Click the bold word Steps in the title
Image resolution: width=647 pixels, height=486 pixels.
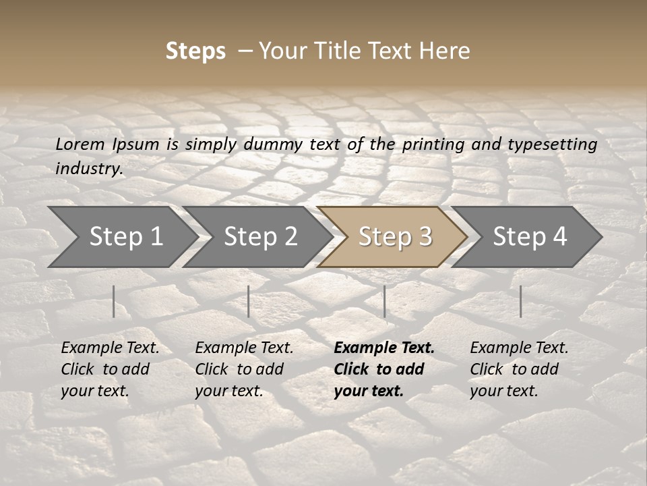point(195,51)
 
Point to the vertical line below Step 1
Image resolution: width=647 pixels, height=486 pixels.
point(114,301)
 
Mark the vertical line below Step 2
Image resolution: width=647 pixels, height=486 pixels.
point(249,301)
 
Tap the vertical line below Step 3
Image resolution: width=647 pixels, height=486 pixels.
point(385,301)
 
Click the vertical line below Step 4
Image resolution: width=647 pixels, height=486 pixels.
point(520,301)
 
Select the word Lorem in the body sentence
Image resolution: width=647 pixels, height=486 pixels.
point(80,144)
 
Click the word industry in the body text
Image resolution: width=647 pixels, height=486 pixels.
point(89,169)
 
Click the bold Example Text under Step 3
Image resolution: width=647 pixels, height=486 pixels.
point(384,348)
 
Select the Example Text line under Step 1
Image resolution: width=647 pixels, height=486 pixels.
point(110,348)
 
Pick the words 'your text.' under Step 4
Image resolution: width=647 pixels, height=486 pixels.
point(503,391)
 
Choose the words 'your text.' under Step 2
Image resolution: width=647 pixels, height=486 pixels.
point(228,391)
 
